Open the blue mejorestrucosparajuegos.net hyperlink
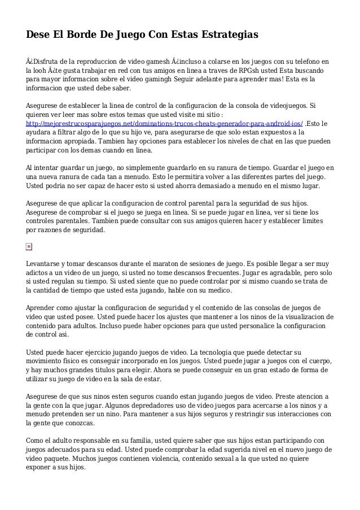165,124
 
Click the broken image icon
29,246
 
